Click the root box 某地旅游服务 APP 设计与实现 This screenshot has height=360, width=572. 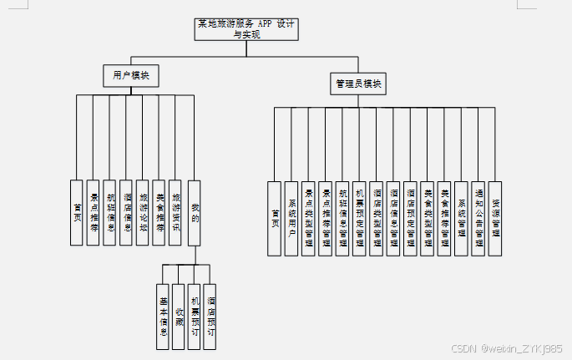coord(246,29)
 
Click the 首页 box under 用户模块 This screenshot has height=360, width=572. coord(78,212)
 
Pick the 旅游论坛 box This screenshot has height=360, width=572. coord(143,212)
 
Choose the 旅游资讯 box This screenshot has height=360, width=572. coord(175,212)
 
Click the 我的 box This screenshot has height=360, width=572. coord(195,212)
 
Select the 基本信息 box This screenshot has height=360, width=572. coord(163,317)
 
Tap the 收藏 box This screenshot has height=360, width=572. coord(179,317)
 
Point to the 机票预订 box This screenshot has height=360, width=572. coord(195,317)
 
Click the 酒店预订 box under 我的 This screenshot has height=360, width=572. coord(210,317)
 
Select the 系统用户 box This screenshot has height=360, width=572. coord(291,218)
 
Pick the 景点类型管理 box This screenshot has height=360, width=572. coord(308,218)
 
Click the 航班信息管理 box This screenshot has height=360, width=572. coord(342,218)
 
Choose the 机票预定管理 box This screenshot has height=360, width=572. coord(359,218)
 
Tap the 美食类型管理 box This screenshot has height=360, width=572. coord(427,218)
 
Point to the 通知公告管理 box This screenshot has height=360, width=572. coord(478,218)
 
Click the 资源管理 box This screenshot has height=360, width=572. coord(495,218)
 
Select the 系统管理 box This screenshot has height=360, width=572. coord(461,218)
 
